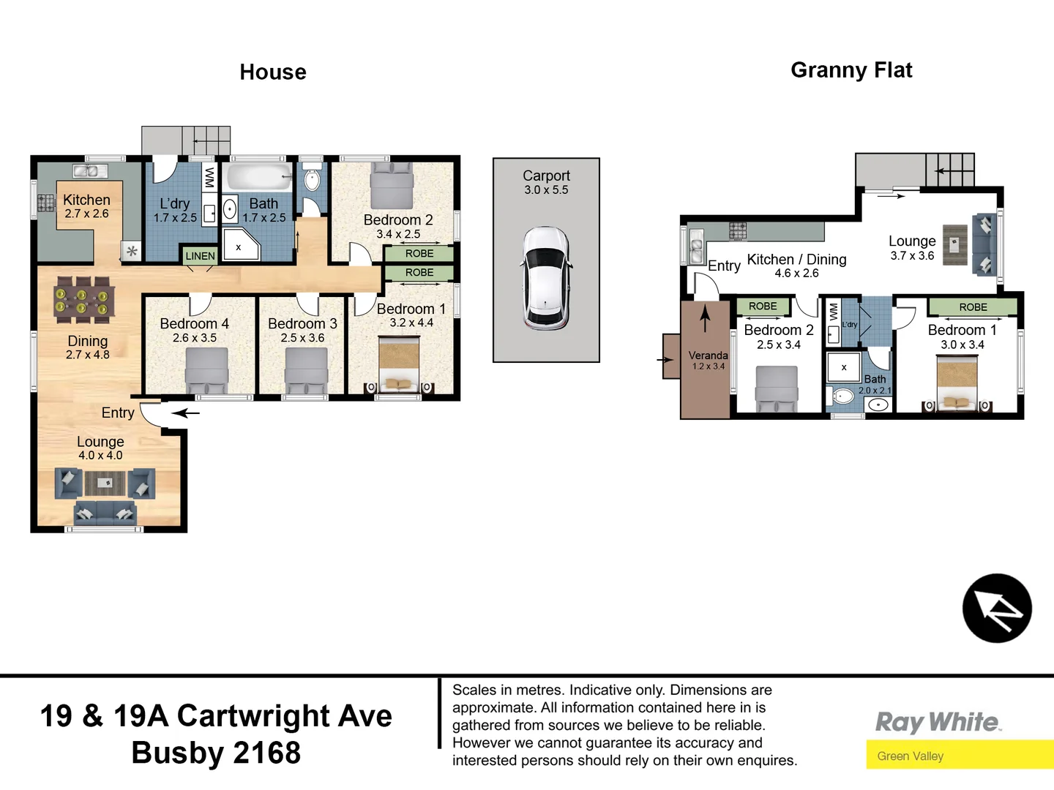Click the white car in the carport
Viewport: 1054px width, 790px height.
(545, 278)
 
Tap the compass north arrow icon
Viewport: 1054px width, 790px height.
(996, 609)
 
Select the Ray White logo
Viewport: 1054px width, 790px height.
(938, 723)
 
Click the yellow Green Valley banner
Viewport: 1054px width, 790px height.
(959, 756)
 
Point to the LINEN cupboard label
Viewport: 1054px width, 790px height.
(200, 256)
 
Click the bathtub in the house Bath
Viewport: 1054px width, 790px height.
(258, 178)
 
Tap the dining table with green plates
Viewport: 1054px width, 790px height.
(83, 300)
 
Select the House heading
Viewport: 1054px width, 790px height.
(273, 72)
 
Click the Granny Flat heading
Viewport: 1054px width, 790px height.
(851, 70)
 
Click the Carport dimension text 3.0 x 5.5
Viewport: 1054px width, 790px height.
(546, 190)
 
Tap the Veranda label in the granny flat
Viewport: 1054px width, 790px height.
(708, 355)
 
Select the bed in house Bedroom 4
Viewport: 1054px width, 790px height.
(206, 370)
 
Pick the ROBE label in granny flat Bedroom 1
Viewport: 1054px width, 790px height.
(973, 307)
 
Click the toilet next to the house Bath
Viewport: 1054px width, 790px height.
(312, 179)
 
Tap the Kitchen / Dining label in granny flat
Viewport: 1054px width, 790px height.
(796, 260)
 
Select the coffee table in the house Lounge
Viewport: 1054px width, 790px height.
(105, 483)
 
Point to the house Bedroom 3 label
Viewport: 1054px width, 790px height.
(302, 323)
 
